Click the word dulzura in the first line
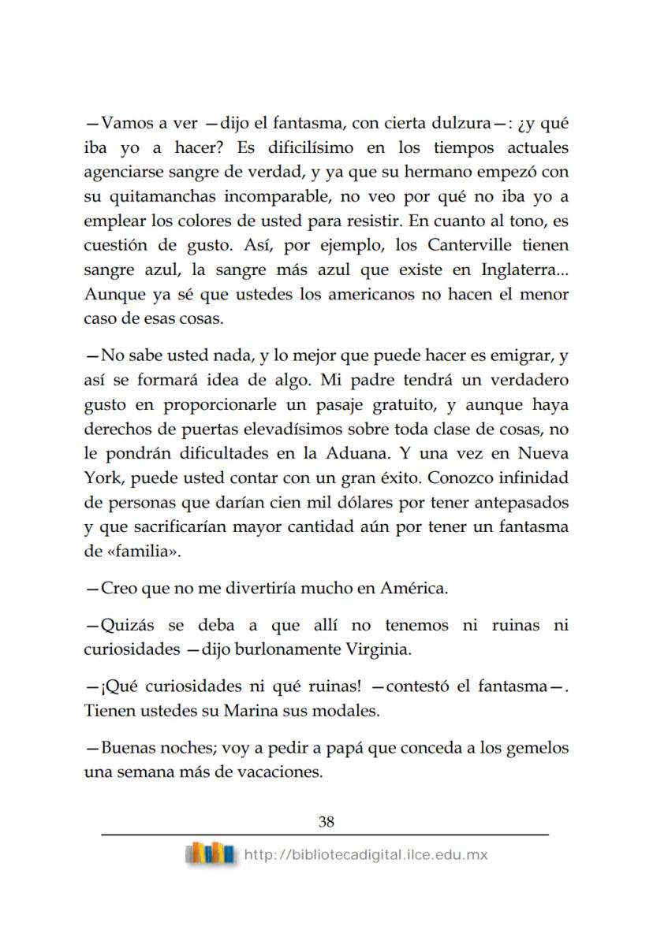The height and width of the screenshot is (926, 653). coord(457,123)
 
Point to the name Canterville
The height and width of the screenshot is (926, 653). coord(470,245)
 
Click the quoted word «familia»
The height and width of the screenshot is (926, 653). coord(144,551)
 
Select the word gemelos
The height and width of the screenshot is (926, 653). coord(537,747)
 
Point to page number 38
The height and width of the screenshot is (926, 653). coord(326,821)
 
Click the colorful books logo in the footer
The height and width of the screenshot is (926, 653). coord(210,854)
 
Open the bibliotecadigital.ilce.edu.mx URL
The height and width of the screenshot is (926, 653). coord(367,855)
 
